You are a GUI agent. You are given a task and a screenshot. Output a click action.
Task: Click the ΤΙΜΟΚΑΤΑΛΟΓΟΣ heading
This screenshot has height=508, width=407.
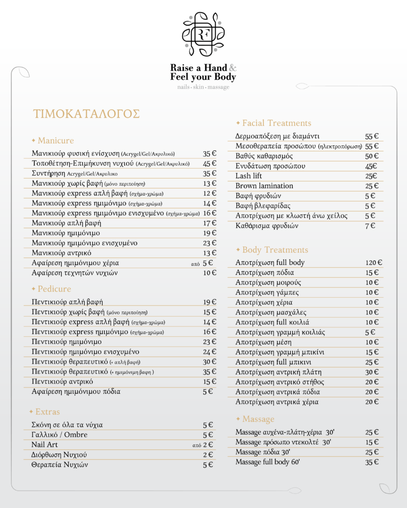click(x=86, y=114)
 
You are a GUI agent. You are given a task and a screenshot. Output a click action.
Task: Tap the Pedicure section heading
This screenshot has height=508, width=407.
click(x=54, y=289)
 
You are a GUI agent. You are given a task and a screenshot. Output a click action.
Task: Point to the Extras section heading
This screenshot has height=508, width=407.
click(x=47, y=412)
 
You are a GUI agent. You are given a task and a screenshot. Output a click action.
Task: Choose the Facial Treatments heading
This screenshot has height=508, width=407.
click(x=276, y=123)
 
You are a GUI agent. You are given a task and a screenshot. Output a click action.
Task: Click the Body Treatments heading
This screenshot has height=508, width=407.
click(x=275, y=250)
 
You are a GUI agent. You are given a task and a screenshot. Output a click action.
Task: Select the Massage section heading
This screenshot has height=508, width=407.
click(x=258, y=419)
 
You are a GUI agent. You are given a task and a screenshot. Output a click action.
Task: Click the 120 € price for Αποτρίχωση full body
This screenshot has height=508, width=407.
click(x=373, y=262)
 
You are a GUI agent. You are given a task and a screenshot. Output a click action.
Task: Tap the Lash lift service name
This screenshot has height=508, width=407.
click(x=248, y=176)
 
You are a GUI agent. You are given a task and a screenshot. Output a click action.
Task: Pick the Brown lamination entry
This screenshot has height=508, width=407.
click(x=264, y=186)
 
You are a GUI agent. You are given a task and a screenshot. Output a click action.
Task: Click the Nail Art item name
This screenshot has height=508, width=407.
click(x=45, y=444)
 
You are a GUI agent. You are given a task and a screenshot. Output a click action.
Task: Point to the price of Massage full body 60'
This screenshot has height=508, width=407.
click(x=372, y=462)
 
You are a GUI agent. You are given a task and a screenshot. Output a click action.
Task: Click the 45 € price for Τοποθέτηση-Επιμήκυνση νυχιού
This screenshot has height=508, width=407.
click(x=210, y=164)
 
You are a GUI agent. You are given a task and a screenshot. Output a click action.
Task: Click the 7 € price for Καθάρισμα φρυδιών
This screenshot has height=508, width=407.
click(x=370, y=226)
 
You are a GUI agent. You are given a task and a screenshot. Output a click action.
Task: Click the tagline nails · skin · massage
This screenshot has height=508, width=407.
click(x=203, y=87)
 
